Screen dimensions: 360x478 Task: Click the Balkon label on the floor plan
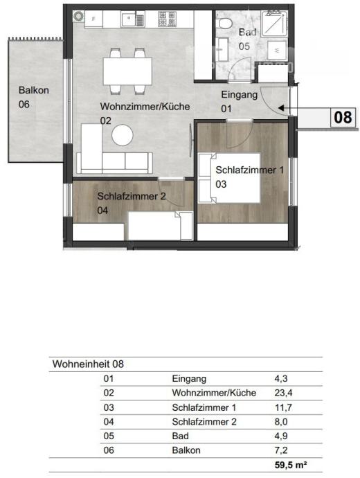[33, 90]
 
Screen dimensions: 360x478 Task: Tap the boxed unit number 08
[343, 117]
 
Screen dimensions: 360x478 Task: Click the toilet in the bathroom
[225, 23]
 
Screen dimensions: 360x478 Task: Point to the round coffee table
[123, 135]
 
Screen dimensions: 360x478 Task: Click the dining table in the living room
[127, 71]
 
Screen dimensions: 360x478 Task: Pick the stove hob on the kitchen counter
[167, 19]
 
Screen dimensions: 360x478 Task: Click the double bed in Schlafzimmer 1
[229, 178]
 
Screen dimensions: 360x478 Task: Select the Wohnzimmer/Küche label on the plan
[145, 107]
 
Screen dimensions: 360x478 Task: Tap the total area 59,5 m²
[291, 465]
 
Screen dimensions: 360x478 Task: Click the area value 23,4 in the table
[283, 393]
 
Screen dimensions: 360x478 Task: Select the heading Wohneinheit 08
[88, 364]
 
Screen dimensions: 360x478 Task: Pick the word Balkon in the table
[186, 450]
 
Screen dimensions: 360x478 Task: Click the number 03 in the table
[109, 407]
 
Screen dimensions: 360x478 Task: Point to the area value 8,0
[281, 422]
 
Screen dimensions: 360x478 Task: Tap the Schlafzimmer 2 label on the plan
[132, 196]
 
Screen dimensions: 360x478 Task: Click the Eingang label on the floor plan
[240, 95]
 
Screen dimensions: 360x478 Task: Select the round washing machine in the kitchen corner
[79, 16]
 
